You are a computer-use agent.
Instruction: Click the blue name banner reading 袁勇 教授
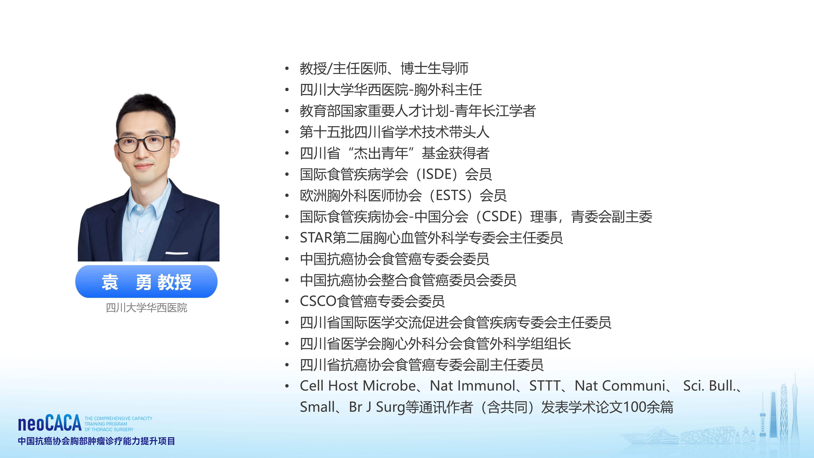(x=146, y=282)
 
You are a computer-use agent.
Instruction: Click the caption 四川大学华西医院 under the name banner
(x=146, y=308)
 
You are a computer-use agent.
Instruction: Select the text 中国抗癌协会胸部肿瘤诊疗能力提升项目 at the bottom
(x=96, y=441)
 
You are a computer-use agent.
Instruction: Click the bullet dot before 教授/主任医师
(x=287, y=69)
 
